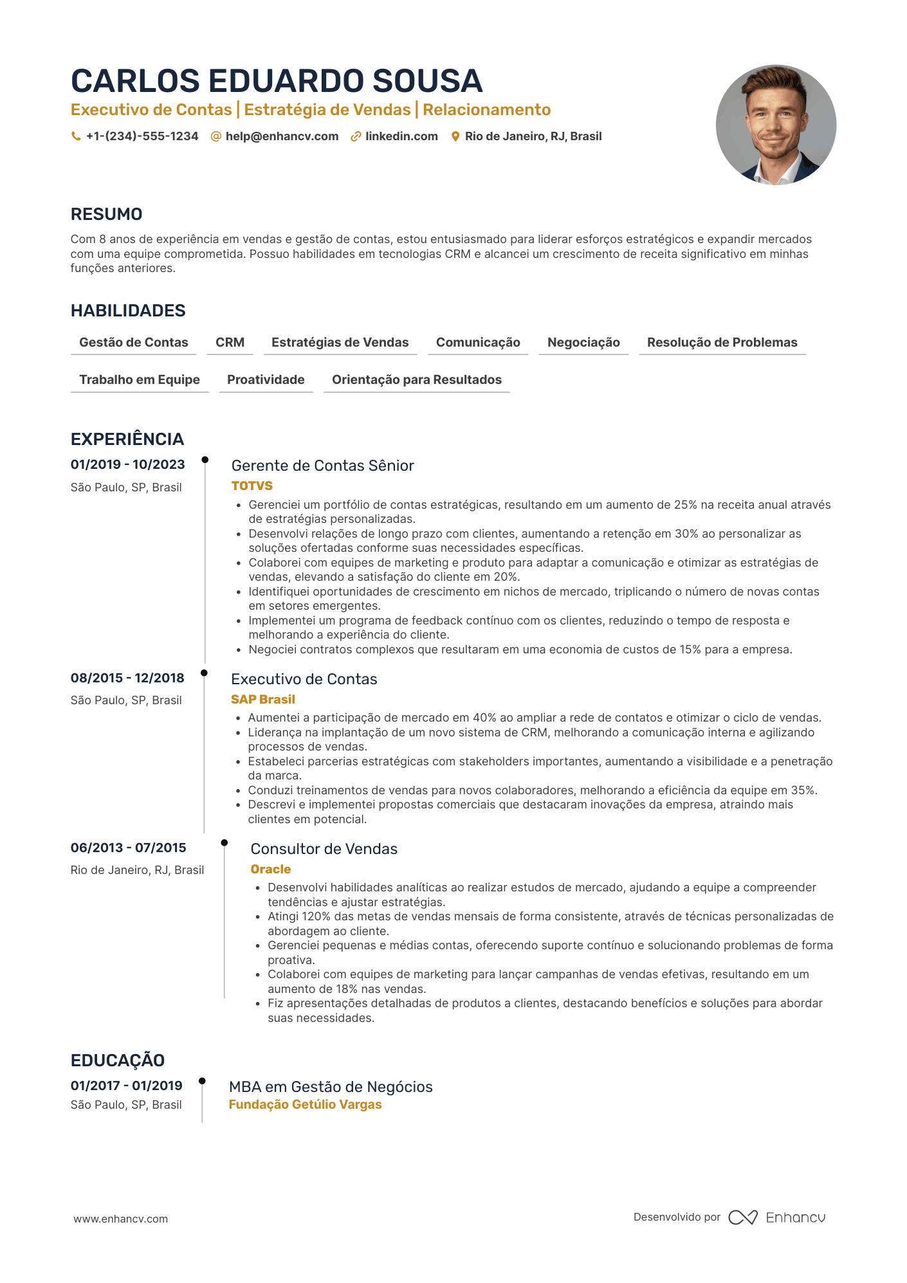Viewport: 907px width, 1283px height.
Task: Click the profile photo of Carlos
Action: pyautogui.click(x=776, y=125)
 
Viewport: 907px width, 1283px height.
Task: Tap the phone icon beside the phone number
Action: pyautogui.click(x=76, y=136)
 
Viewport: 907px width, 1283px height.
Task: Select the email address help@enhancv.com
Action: pyautogui.click(x=282, y=136)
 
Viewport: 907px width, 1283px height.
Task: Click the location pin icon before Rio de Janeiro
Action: pyautogui.click(x=455, y=136)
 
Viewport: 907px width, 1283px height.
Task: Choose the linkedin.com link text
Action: pyautogui.click(x=401, y=136)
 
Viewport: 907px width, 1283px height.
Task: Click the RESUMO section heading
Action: pyautogui.click(x=107, y=214)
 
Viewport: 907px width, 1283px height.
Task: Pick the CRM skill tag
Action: pyautogui.click(x=230, y=342)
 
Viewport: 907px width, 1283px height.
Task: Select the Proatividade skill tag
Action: pyautogui.click(x=266, y=379)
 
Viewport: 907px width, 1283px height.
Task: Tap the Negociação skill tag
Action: pyautogui.click(x=583, y=342)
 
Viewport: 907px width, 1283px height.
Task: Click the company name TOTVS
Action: pyautogui.click(x=252, y=486)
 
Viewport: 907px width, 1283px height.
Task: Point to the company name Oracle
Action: pyautogui.click(x=271, y=869)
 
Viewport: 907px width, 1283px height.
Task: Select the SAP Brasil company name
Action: pyautogui.click(x=263, y=699)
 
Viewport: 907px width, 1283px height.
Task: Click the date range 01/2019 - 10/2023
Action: pyautogui.click(x=128, y=464)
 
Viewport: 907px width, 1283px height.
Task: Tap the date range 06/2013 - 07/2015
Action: pyautogui.click(x=129, y=848)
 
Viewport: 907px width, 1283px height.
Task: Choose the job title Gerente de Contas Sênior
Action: pyautogui.click(x=322, y=466)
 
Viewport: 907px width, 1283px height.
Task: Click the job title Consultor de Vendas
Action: pyautogui.click(x=324, y=849)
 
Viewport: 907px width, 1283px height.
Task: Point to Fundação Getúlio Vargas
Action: pyautogui.click(x=306, y=1104)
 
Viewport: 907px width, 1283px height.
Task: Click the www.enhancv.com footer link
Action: pyautogui.click(x=121, y=1219)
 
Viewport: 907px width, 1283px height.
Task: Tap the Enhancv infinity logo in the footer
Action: pyautogui.click(x=743, y=1217)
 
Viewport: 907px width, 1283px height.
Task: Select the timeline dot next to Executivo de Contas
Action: pyautogui.click(x=205, y=673)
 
